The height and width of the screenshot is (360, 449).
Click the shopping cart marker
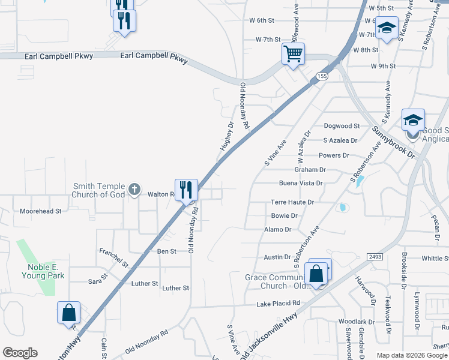point(293,54)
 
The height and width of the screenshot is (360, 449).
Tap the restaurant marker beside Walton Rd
point(186,190)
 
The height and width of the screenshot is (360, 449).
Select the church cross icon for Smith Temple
point(134,190)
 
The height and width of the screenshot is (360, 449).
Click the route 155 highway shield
point(323,76)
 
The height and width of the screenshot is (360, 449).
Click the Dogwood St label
point(342,126)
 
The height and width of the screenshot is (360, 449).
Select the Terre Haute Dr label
point(292,202)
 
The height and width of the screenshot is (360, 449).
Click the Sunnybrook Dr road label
point(393,142)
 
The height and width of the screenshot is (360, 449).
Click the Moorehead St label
point(41,211)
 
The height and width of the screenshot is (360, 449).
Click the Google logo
point(20,353)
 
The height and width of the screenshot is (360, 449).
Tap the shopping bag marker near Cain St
point(68,313)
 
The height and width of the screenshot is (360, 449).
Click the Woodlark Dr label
point(356,322)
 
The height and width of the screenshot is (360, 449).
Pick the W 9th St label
point(383,66)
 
